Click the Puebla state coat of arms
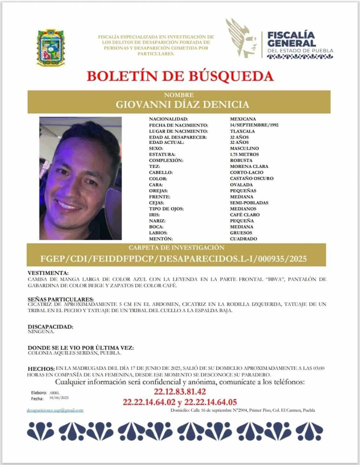click(x=51, y=48)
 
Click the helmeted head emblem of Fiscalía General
click(x=241, y=38)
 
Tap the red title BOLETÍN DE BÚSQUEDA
click(x=180, y=76)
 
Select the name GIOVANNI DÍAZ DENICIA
click(x=182, y=105)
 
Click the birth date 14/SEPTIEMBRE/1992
click(x=254, y=125)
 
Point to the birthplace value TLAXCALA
click(x=242, y=131)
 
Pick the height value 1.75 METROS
click(x=244, y=154)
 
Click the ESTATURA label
click(x=162, y=154)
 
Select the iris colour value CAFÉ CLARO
click(x=245, y=215)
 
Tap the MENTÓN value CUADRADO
click(x=243, y=239)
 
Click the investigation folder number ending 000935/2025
click(x=174, y=259)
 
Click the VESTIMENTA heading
click(x=48, y=273)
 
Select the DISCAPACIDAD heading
click(x=50, y=327)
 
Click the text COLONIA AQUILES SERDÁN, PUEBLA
click(x=74, y=353)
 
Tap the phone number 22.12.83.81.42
click(x=180, y=392)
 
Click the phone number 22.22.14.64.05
click(x=210, y=402)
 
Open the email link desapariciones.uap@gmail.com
click(x=55, y=410)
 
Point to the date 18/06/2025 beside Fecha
click(x=59, y=398)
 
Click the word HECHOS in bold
click(x=41, y=369)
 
